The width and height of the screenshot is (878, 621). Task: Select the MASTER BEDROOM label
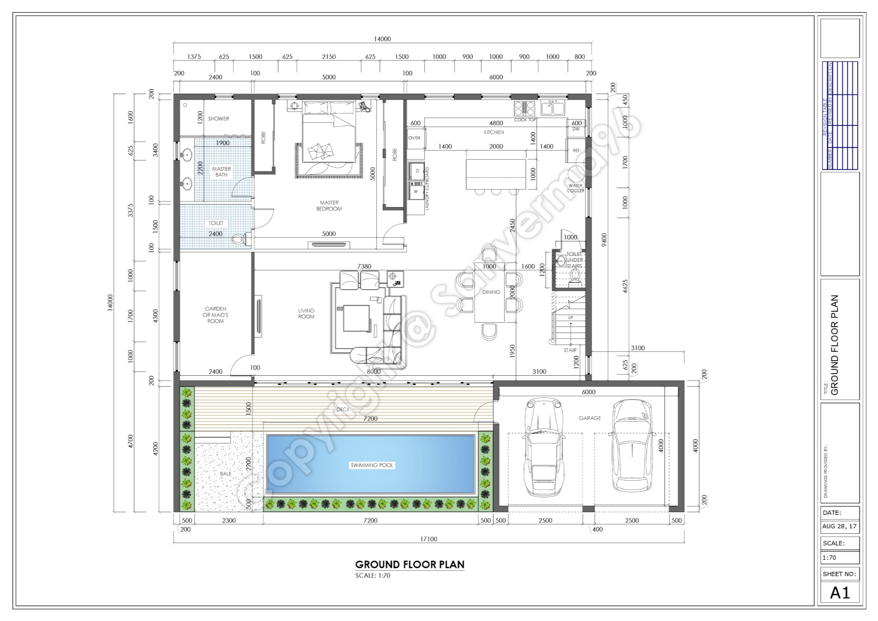click(329, 206)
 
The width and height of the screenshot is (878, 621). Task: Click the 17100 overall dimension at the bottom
click(429, 539)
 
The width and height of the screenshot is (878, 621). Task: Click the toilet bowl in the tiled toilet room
click(238, 239)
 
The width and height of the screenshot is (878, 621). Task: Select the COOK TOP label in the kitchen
click(525, 120)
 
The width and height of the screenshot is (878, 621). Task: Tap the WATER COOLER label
click(575, 188)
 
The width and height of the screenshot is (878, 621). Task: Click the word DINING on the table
click(491, 292)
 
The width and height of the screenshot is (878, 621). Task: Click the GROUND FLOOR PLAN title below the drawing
click(410, 565)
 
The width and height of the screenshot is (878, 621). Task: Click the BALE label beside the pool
click(226, 474)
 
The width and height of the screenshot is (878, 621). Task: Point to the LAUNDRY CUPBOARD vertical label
click(427, 189)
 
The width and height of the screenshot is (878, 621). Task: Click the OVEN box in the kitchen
click(415, 138)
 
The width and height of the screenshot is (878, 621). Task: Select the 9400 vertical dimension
click(604, 240)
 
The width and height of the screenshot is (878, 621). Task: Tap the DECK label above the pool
click(343, 409)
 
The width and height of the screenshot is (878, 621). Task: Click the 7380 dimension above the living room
click(364, 266)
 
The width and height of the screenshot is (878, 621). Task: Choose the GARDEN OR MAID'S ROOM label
click(215, 315)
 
